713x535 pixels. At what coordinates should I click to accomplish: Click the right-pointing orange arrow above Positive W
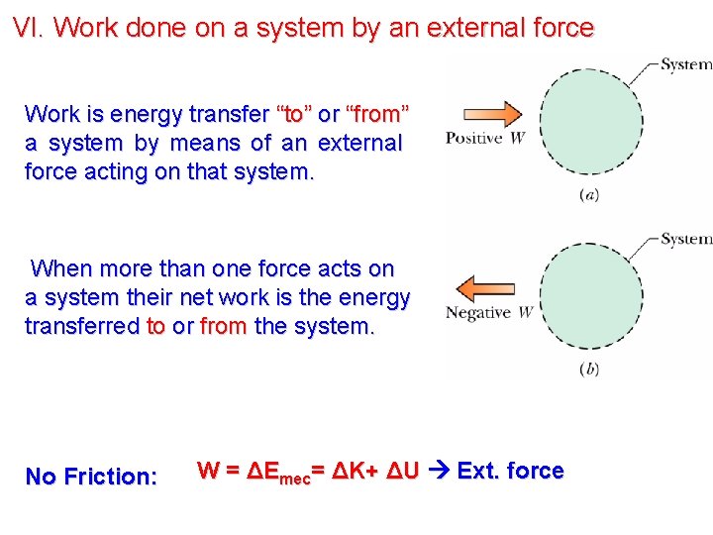pyautogui.click(x=492, y=114)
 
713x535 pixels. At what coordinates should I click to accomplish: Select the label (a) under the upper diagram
pyautogui.click(x=588, y=195)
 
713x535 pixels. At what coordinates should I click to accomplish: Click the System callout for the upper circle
pyautogui.click(x=685, y=64)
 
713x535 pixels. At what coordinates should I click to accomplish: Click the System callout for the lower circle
pyautogui.click(x=685, y=239)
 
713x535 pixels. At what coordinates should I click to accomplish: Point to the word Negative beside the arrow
pyautogui.click(x=478, y=313)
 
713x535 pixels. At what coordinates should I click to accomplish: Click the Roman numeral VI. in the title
pyautogui.click(x=30, y=28)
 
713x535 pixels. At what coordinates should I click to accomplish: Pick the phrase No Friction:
pyautogui.click(x=91, y=477)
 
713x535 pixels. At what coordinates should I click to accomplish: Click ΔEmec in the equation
pyautogui.click(x=278, y=473)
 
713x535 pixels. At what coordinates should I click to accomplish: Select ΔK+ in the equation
pyautogui.click(x=354, y=471)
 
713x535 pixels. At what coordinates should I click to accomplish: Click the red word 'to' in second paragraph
pyautogui.click(x=155, y=326)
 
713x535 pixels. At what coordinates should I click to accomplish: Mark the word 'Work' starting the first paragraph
pyautogui.click(x=51, y=113)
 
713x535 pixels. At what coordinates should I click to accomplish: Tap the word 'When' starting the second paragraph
pyautogui.click(x=60, y=268)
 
